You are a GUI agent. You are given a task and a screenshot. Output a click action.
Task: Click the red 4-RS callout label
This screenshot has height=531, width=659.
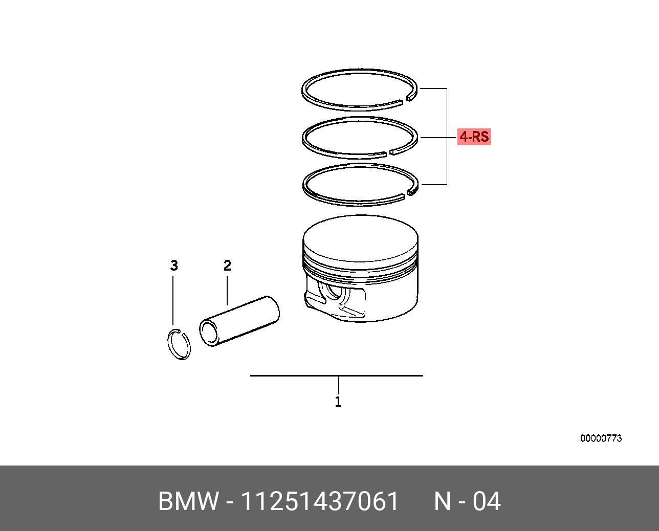coord(474,137)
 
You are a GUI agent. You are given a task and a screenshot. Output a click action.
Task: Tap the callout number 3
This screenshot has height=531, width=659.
coord(174,265)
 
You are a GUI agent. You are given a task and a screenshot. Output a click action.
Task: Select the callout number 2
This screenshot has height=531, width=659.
coord(227,265)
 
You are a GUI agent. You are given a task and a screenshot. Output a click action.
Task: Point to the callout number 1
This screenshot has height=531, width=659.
coord(338,402)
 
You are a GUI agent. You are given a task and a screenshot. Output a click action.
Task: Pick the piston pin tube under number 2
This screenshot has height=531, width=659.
coord(239,321)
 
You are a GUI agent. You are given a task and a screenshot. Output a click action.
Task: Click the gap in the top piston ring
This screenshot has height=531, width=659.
coord(404,101)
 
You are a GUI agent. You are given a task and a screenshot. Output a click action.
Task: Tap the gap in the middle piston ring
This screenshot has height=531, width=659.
coord(387,153)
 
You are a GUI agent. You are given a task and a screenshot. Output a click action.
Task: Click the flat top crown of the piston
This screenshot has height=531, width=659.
coord(360,238)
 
